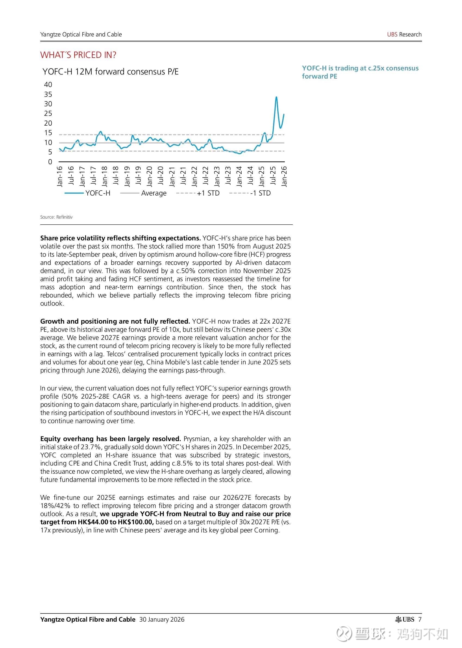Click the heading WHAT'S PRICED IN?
click(x=78, y=55)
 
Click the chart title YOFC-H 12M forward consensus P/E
click(x=110, y=72)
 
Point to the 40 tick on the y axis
click(x=48, y=85)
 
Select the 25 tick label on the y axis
click(x=48, y=113)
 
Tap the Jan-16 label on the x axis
click(x=60, y=176)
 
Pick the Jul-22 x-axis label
click(x=206, y=176)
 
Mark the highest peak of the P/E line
click(x=276, y=97)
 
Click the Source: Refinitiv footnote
click(x=56, y=217)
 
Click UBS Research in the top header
click(x=404, y=35)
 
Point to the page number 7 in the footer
click(x=420, y=619)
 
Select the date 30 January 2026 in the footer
click(x=162, y=619)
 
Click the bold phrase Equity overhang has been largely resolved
click(x=110, y=439)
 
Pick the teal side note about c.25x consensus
click(x=360, y=72)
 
